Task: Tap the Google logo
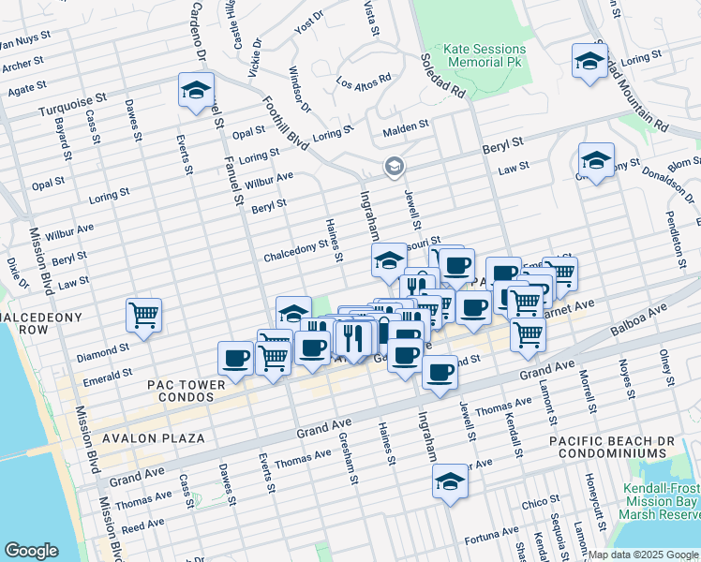(31, 551)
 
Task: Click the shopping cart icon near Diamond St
(144, 315)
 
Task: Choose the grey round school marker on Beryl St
(395, 168)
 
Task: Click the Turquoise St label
(68, 110)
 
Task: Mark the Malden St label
(405, 125)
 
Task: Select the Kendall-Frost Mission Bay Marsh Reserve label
(661, 501)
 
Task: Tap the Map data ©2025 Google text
(643, 555)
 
